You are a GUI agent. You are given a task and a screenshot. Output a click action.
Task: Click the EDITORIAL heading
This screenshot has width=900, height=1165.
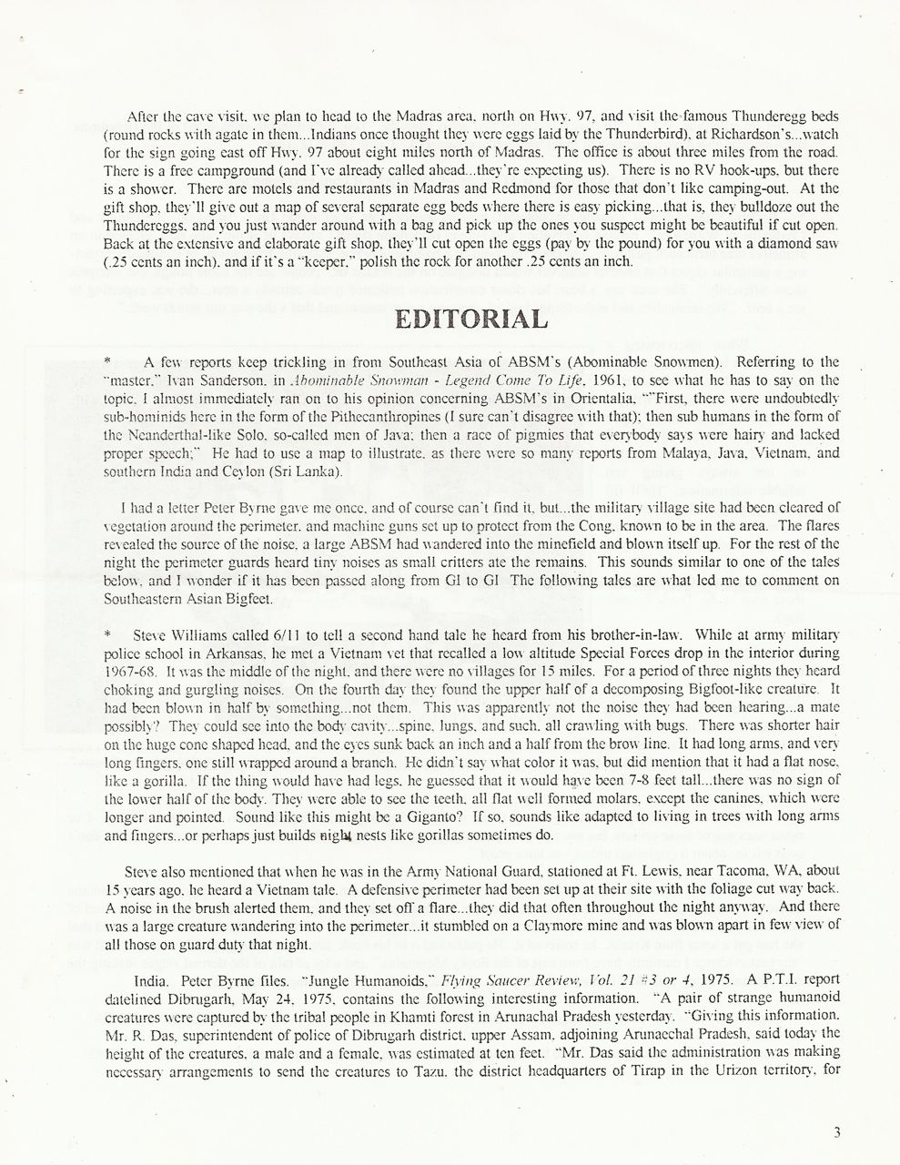coord(470,319)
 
